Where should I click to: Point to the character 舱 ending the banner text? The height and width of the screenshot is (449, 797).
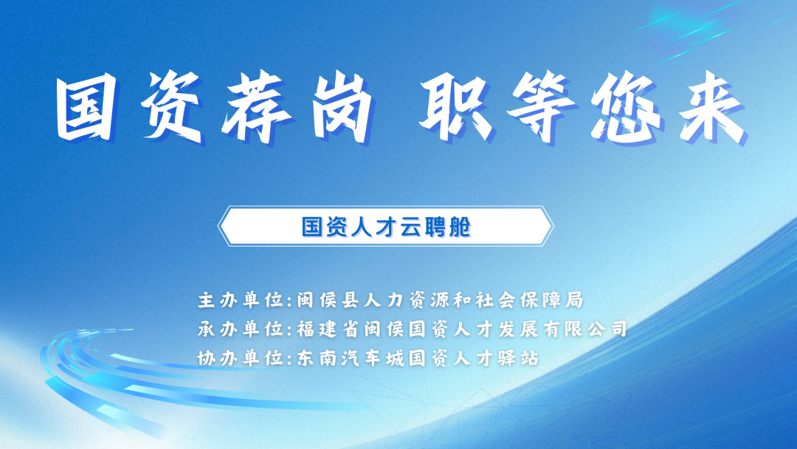(x=460, y=227)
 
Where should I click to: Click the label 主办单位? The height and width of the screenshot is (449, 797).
(x=241, y=300)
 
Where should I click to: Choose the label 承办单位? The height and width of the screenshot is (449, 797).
(x=241, y=329)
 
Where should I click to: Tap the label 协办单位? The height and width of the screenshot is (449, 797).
(x=241, y=358)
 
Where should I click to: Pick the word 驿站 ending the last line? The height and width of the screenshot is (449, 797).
(x=519, y=358)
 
